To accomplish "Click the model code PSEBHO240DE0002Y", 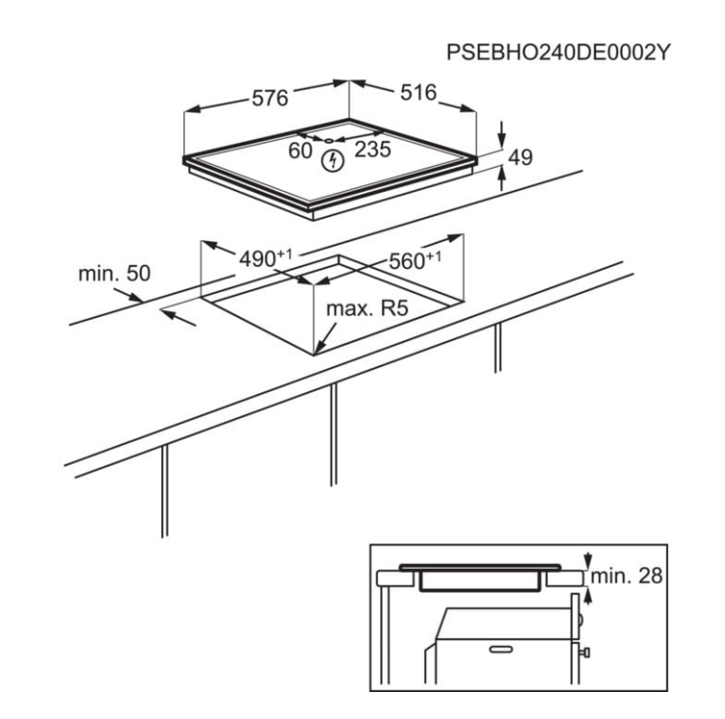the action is point(557,52).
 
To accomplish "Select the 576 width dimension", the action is point(270,98).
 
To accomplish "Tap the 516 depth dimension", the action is point(418,93).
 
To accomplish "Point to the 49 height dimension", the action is point(521,157).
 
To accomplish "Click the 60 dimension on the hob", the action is point(301,150).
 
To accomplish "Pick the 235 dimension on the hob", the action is point(373,148).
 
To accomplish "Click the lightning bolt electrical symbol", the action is point(333,160).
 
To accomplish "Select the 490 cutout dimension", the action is point(265,257).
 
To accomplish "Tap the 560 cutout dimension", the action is point(415,260).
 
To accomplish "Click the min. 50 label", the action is point(114,274).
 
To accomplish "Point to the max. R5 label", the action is point(367,308).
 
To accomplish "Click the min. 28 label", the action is point(627,575).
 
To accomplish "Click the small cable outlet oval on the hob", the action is point(329,141).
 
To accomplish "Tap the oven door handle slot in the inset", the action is point(500,650).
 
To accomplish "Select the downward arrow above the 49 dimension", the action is point(502,135).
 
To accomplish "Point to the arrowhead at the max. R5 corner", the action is point(319,349).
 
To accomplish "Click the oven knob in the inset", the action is point(585,652).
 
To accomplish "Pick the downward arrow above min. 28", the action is point(588,560).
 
